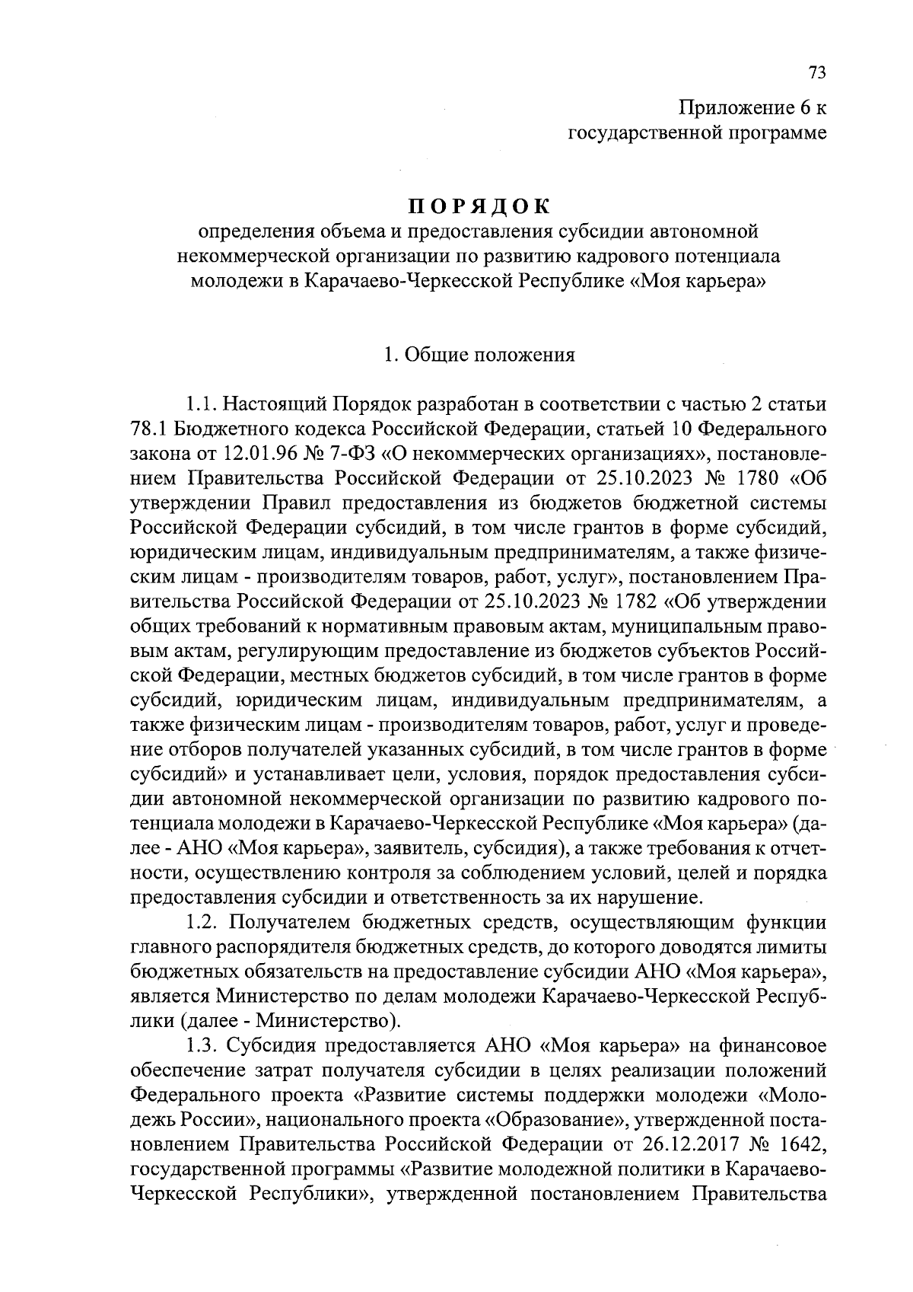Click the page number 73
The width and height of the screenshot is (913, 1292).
click(816, 72)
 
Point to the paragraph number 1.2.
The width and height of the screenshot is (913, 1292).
click(202, 923)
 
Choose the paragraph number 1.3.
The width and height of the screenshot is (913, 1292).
click(202, 1045)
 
